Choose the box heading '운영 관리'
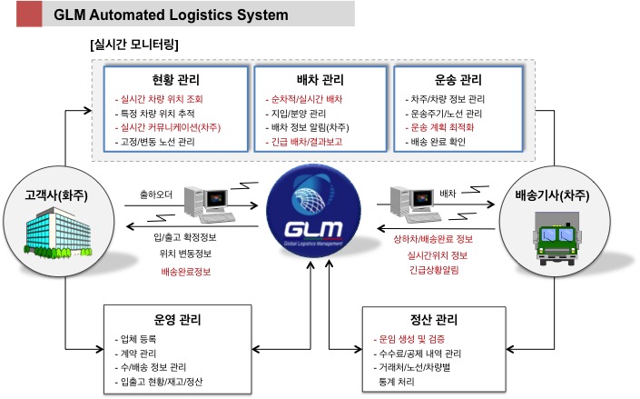pyautogui.click(x=178, y=320)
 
